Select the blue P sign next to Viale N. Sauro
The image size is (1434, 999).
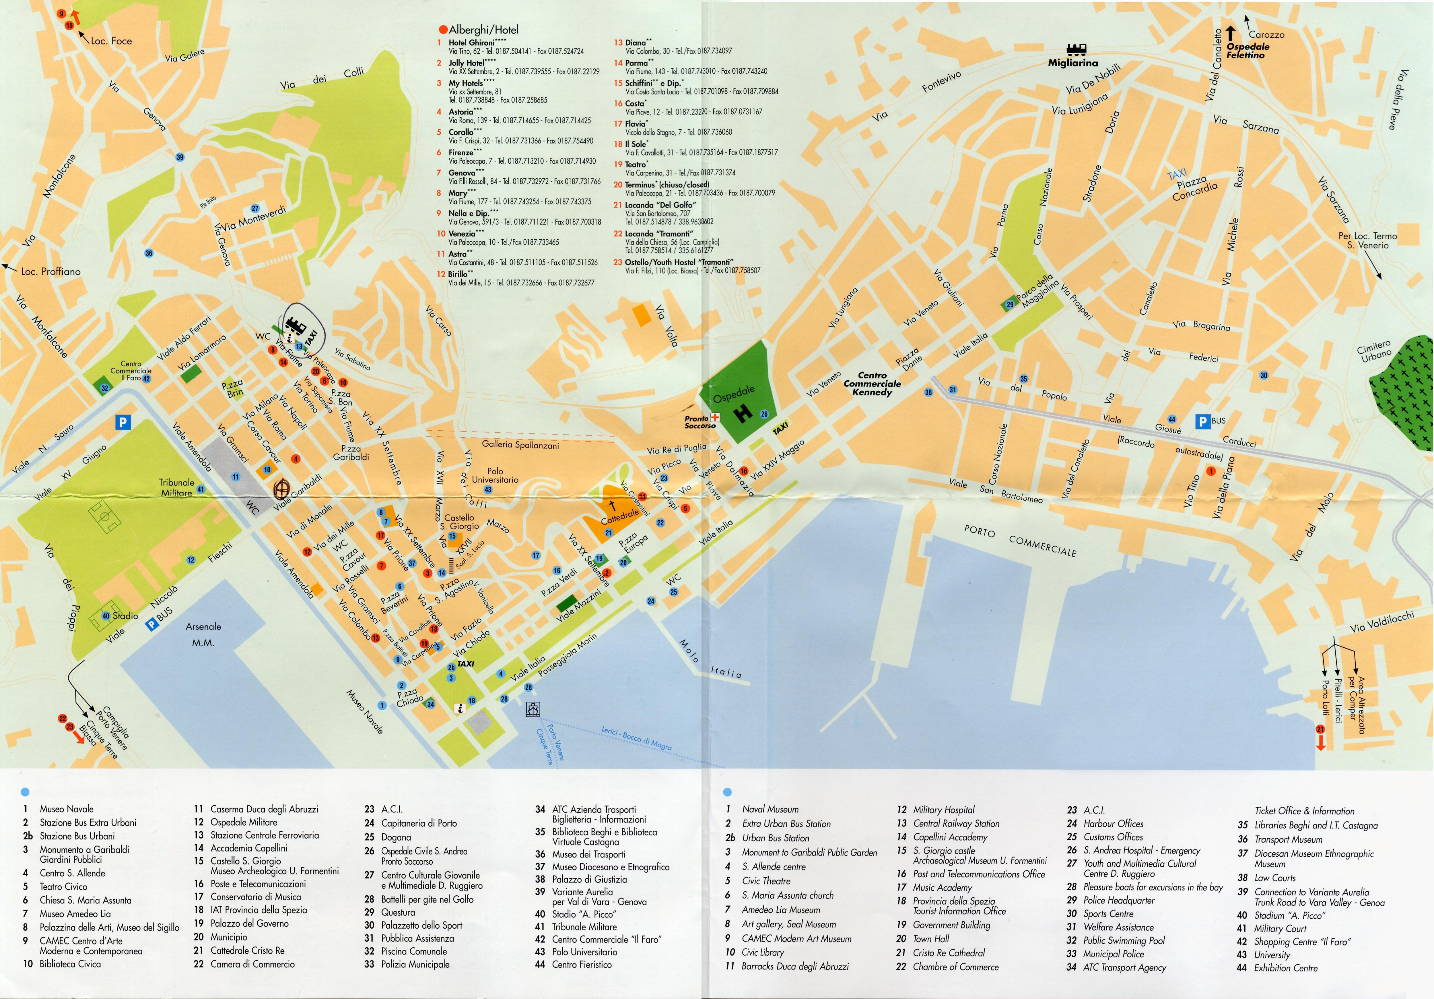pos(123,423)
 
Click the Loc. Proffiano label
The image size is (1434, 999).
pos(50,271)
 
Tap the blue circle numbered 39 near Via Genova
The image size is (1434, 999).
pos(180,157)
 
